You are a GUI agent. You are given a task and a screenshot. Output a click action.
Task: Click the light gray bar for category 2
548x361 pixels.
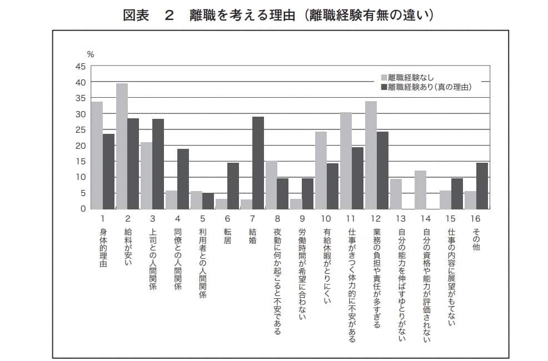(x=122, y=146)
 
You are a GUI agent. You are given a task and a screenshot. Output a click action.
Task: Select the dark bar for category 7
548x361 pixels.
(x=258, y=163)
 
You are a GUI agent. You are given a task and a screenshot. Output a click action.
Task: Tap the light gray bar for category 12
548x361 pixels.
(x=371, y=155)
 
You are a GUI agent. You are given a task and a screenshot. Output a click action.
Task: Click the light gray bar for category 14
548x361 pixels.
(x=421, y=189)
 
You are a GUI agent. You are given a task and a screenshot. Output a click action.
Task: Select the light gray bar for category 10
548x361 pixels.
(x=321, y=170)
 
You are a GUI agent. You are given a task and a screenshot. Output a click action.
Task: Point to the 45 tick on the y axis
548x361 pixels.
(x=81, y=67)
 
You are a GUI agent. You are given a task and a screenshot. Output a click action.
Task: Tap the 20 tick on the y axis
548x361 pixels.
(x=81, y=146)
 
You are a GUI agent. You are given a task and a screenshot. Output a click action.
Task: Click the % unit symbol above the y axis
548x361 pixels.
(x=91, y=54)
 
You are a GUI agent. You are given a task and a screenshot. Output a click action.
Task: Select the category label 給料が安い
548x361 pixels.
(x=128, y=247)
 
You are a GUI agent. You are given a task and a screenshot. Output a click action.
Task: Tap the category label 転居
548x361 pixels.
(x=227, y=235)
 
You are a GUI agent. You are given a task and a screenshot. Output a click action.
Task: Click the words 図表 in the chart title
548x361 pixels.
(x=136, y=15)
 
